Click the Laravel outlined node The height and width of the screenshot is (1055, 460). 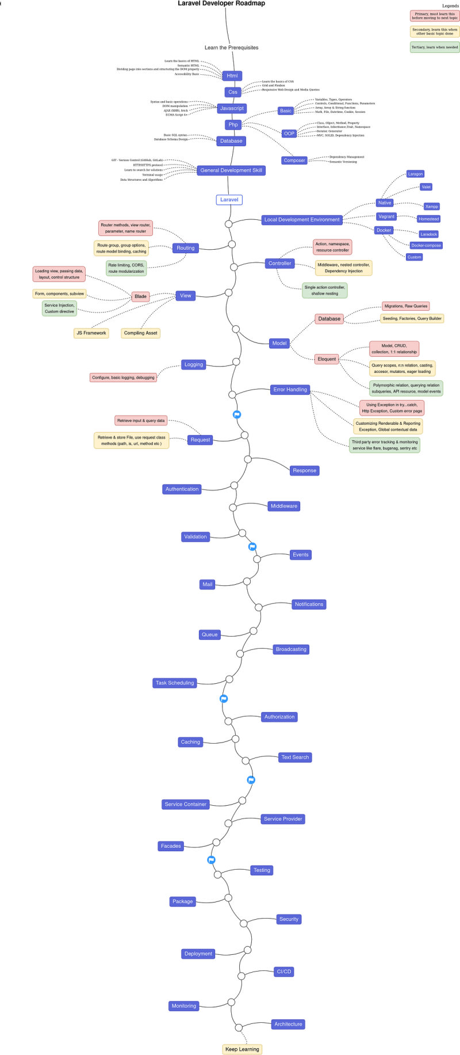[x=229, y=200]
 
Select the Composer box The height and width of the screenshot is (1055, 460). [x=294, y=161]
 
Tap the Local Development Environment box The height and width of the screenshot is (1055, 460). [x=302, y=219]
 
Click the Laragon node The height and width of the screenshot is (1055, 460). [x=415, y=174]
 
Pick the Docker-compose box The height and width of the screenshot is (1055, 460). [x=425, y=245]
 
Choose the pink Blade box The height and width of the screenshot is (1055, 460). [x=140, y=296]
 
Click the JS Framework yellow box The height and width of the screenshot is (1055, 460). [x=91, y=333]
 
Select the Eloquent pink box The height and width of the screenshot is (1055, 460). [x=327, y=359]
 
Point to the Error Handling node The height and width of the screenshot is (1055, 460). [x=290, y=390]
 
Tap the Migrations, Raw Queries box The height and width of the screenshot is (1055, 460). [x=406, y=306]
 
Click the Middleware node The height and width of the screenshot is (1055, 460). [x=284, y=506]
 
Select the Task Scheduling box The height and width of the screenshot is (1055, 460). [x=175, y=683]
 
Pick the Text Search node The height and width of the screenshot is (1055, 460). [x=295, y=757]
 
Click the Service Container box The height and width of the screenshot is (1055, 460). [x=185, y=804]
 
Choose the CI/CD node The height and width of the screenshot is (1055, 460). [x=284, y=972]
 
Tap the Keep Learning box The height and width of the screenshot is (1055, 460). [x=242, y=1049]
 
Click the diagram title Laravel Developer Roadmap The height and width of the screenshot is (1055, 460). [x=221, y=3]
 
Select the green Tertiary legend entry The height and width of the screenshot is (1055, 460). [x=435, y=47]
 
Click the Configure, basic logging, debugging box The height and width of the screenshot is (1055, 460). [x=123, y=378]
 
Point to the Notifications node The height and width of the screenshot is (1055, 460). [x=309, y=604]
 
